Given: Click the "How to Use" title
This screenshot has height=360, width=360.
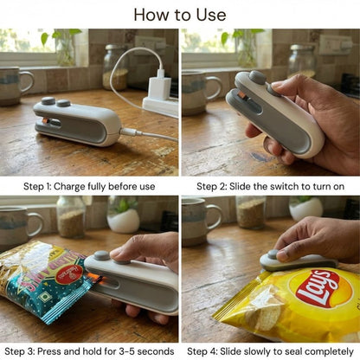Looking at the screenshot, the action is (x=180, y=15).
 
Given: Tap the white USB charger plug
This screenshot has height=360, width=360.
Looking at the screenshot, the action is (x=159, y=87).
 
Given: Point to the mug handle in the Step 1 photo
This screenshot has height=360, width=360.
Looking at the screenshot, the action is (x=27, y=81).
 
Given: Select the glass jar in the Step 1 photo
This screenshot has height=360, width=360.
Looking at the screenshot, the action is (x=115, y=67).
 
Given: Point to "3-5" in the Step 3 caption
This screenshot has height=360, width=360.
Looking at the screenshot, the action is (x=126, y=351).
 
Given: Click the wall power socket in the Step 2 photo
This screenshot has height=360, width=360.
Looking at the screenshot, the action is (x=335, y=45).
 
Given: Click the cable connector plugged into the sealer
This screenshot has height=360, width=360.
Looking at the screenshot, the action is (x=131, y=132).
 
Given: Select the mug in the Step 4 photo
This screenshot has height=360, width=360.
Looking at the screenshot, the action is (x=202, y=222).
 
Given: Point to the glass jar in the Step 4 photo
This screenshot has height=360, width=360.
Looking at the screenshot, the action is (x=250, y=213).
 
